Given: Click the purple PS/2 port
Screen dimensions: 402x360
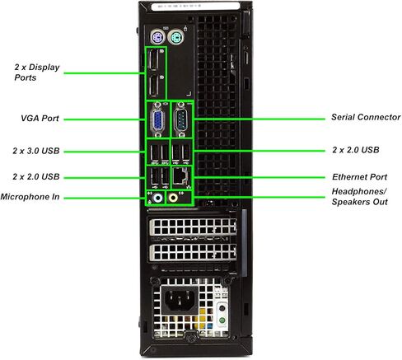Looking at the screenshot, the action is pos(157,37).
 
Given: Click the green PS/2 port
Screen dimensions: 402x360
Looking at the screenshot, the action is pos(175,37).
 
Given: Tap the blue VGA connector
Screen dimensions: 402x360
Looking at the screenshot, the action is pos(157,120).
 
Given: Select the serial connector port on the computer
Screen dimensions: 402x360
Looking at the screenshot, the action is pos(181,119).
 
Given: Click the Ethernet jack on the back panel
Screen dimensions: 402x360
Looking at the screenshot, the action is pos(180,175).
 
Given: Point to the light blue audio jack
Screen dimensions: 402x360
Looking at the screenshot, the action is pos(157,198).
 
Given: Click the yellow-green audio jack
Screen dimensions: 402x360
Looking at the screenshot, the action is pos(173,198).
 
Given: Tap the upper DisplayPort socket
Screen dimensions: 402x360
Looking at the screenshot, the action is pos(154,59).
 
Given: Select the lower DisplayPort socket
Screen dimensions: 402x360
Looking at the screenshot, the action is pos(154,86).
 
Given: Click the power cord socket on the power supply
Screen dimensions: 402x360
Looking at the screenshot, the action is pos(179,300).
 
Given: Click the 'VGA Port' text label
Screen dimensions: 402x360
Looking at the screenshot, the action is pos(40,119).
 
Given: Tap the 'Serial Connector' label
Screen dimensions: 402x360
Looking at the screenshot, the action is pos(366,117).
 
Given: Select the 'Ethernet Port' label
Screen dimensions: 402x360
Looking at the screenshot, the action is pos(359,177).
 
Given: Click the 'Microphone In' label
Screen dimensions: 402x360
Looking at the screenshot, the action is pos(30,197).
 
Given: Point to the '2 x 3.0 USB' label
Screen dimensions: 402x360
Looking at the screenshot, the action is pos(36,151).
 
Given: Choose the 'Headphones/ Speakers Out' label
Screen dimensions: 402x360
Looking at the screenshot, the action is pos(359,197).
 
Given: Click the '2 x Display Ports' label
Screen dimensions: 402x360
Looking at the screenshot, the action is pos(37,72).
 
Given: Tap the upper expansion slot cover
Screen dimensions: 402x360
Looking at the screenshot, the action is pos(193,227).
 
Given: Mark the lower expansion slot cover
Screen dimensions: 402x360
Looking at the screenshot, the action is pos(193,252).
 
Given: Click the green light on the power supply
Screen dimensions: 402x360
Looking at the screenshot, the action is pos(222,320).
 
